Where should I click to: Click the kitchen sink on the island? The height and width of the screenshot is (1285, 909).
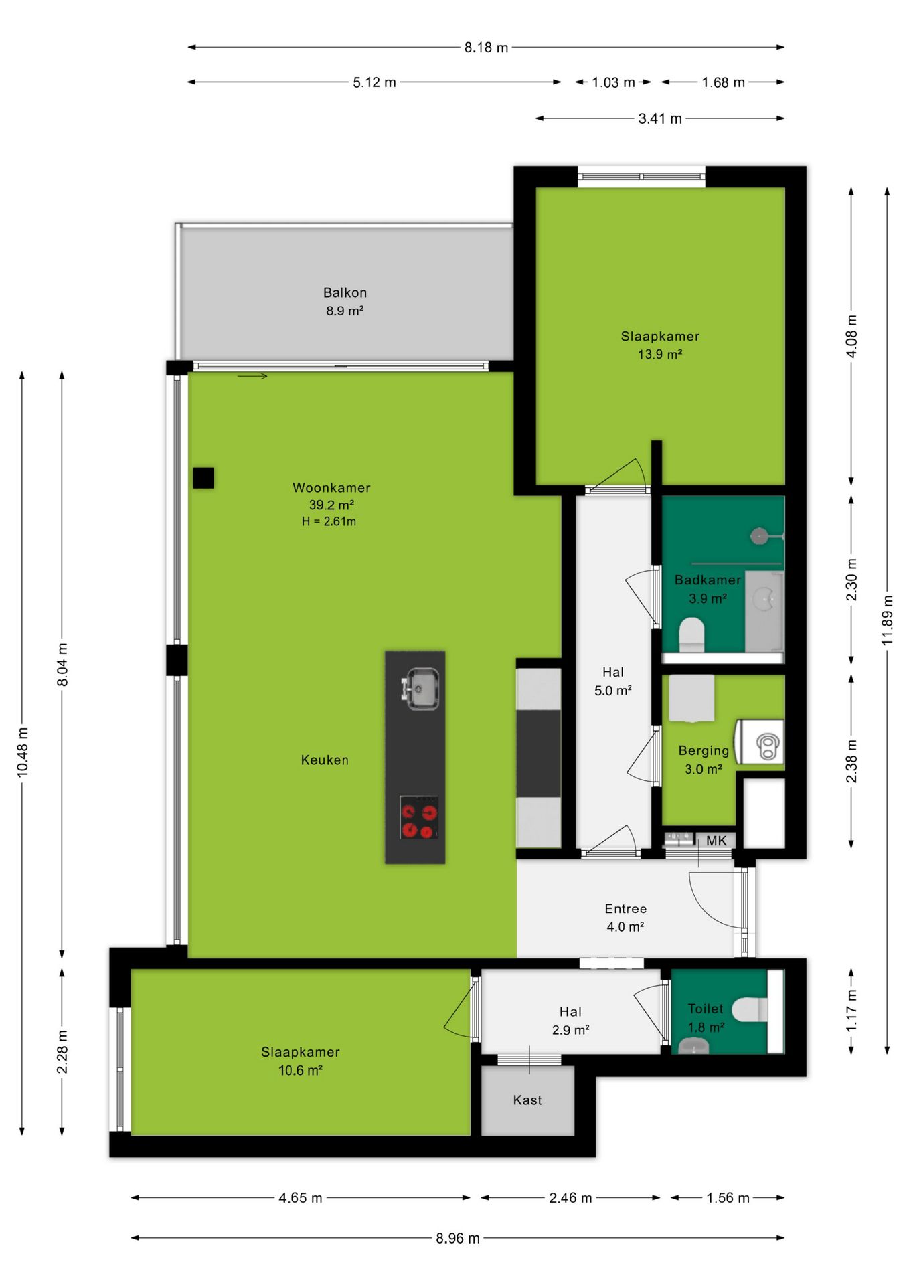coord(420,688)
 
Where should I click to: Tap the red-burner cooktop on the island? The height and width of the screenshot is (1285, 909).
coord(419,817)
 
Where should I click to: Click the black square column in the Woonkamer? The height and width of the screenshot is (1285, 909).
coord(203,478)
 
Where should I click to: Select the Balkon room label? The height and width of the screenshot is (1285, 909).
coord(345,292)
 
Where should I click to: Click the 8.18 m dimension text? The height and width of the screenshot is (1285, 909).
coord(487,48)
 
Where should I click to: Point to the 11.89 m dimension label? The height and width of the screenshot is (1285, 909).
coord(888,620)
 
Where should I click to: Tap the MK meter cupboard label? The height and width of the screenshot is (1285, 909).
coord(716,841)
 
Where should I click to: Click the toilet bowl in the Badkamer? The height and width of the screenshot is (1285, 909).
coord(692,634)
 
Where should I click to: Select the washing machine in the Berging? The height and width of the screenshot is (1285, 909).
coord(760,742)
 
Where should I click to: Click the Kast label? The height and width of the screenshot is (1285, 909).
coord(527,1100)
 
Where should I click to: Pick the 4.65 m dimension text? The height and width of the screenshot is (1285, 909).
coord(301,1198)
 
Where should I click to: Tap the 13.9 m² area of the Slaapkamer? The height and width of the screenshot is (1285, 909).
coord(660,354)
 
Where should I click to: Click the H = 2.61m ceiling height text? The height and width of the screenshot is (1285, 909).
coord(329,521)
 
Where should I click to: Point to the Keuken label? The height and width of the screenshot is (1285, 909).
coord(325,760)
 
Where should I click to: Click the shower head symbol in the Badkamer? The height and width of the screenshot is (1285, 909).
coord(759,535)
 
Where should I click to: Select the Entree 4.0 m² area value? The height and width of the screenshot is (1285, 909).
coord(625,926)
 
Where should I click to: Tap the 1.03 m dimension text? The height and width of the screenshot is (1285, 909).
coord(613,82)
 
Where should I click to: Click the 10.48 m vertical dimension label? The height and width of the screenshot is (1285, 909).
coord(23,752)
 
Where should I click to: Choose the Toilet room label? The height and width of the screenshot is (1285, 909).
coord(706,1009)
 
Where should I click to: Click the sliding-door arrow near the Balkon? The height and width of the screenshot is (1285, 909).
coord(252,376)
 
